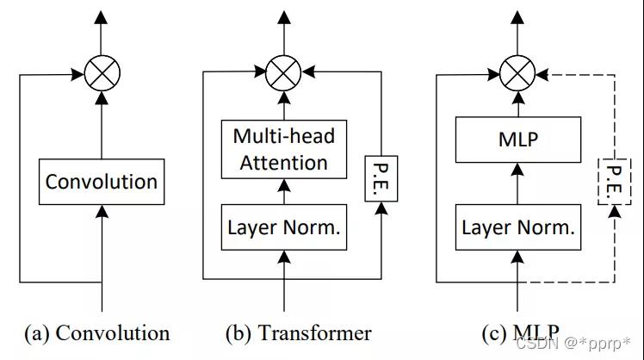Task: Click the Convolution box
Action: click(102, 182)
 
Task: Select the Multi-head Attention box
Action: click(283, 148)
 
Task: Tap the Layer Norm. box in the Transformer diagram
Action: click(283, 228)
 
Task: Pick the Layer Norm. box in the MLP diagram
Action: click(517, 228)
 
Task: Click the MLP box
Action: click(517, 139)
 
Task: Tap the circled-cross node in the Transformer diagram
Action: click(283, 71)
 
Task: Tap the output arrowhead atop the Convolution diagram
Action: click(102, 17)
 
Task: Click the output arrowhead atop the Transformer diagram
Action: click(283, 17)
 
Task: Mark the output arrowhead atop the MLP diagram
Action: click(517, 17)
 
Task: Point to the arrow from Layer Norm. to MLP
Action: click(517, 183)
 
